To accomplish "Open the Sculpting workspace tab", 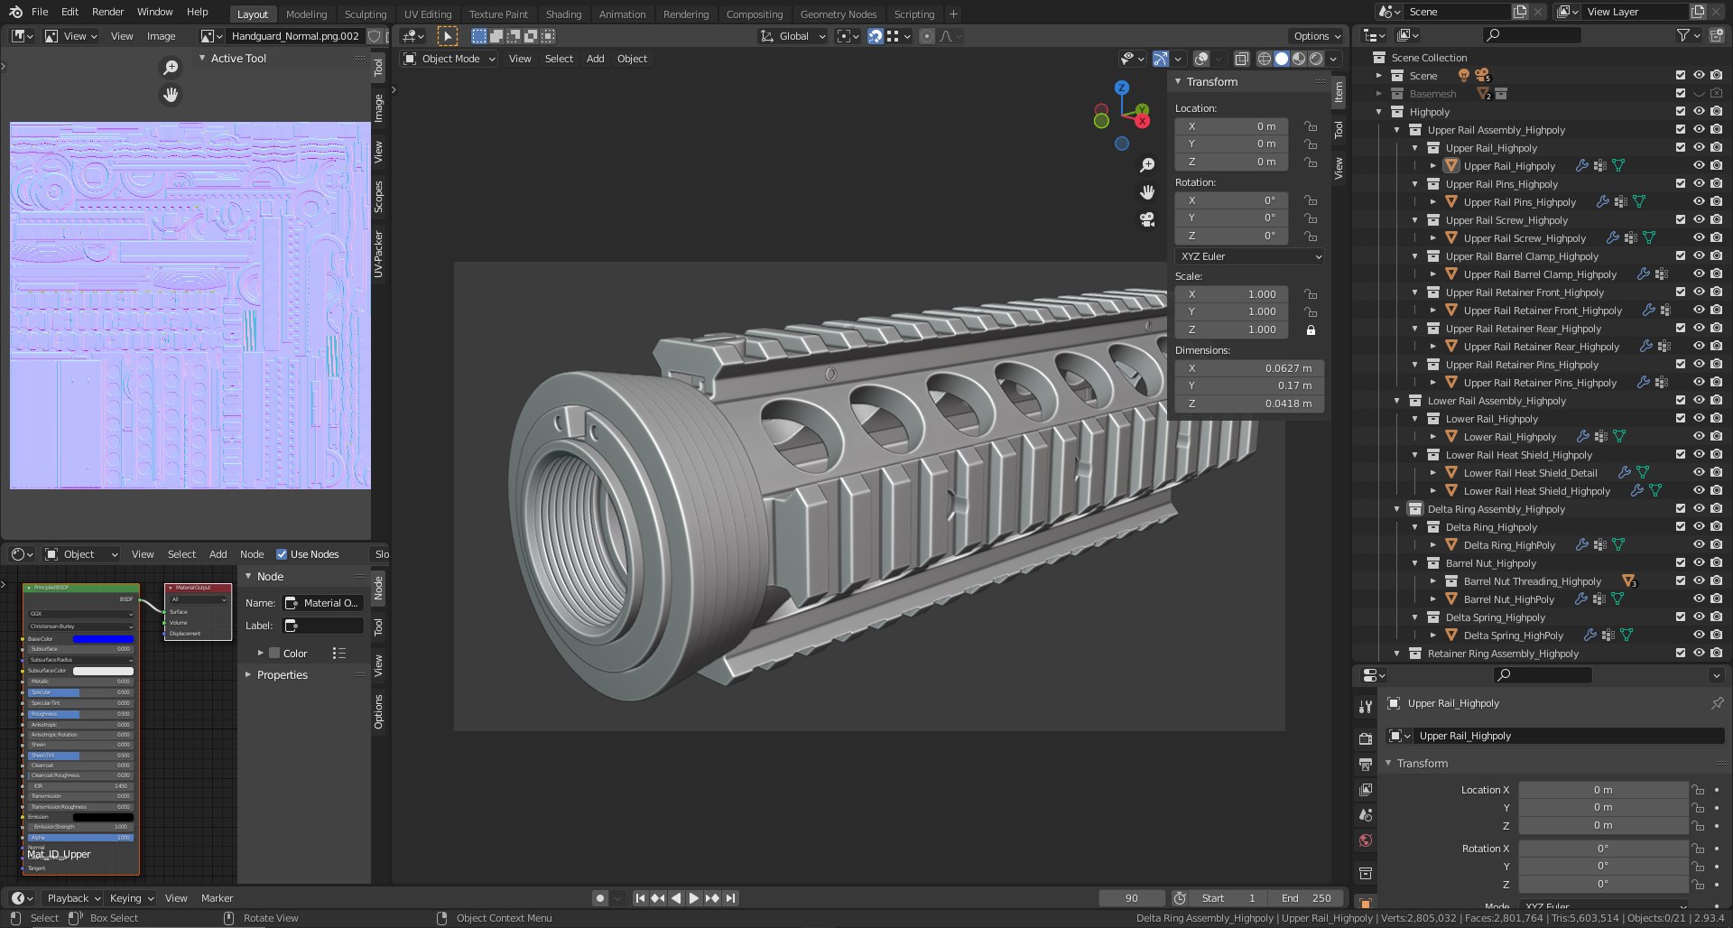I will pos(365,14).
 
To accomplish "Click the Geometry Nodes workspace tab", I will pos(838,14).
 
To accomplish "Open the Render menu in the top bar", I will pos(107,12).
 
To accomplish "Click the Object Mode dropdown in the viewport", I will pos(449,59).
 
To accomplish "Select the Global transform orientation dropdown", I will pos(793,36).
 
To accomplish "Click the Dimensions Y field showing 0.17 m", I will pos(1249,385).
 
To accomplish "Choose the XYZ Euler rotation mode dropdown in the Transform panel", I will pos(1249,256).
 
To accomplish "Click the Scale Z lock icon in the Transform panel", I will pos(1311,330).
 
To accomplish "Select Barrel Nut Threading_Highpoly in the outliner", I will pos(1532,581).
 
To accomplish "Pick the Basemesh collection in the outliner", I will pos(1432,94).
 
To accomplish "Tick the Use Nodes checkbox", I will pos(282,554).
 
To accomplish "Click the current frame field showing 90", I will pos(1131,898).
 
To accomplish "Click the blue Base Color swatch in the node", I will pos(103,639).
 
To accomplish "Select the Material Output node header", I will pos(198,588).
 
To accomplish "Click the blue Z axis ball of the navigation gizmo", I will pos(1122,88).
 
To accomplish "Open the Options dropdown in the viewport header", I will pos(1317,36).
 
